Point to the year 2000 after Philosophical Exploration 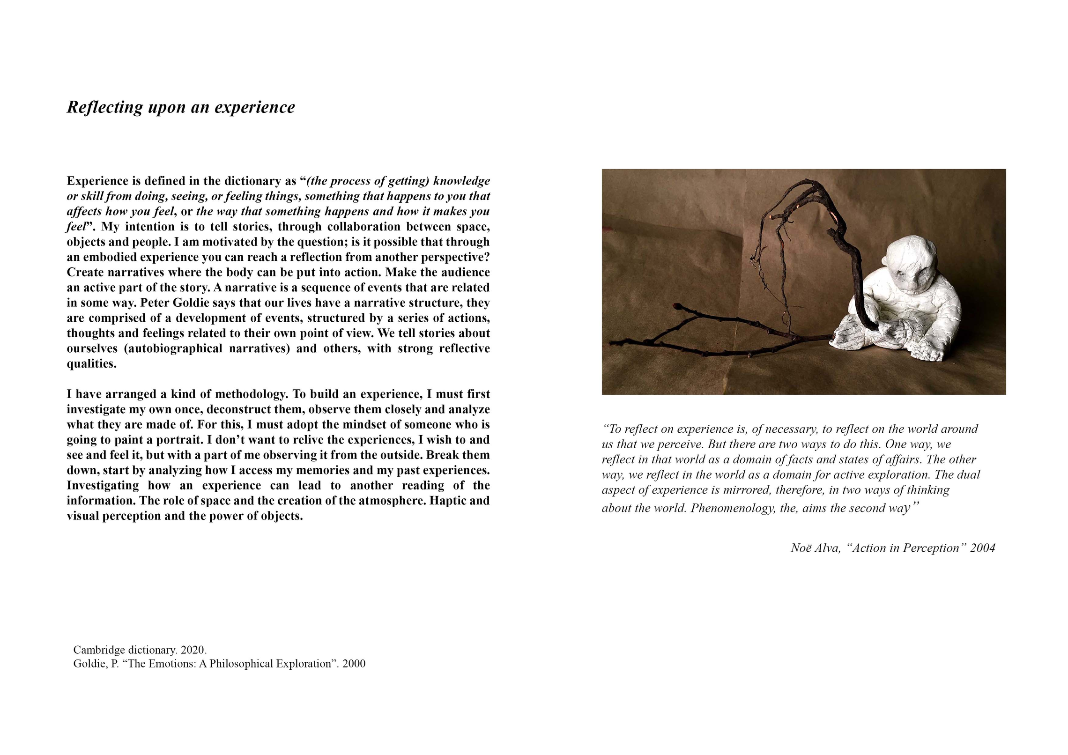[x=354, y=664]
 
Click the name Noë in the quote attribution [x=800, y=548]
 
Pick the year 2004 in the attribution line [x=982, y=548]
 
